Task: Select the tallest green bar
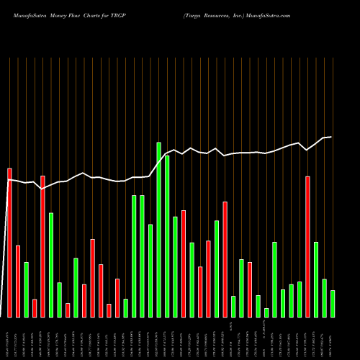click(x=159, y=230)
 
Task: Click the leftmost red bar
click(x=9, y=243)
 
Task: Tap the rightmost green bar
click(x=333, y=303)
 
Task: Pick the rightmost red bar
click(x=307, y=246)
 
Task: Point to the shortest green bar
click(x=266, y=312)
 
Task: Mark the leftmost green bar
click(x=26, y=289)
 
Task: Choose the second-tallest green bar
click(x=167, y=236)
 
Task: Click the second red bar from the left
click(x=18, y=281)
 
